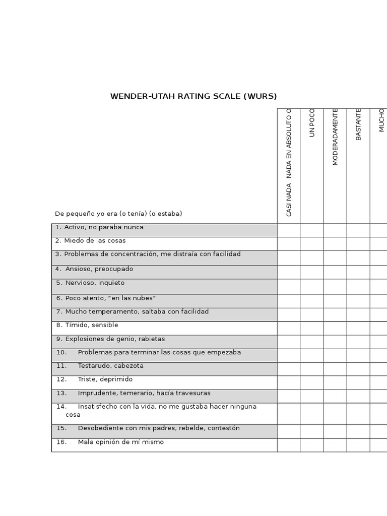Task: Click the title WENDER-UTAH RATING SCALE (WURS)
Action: (x=193, y=96)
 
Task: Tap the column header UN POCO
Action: (x=312, y=123)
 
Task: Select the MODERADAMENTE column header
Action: (x=335, y=137)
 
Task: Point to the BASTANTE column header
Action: (x=358, y=124)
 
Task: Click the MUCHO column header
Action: (x=381, y=120)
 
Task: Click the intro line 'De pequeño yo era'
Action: (x=118, y=214)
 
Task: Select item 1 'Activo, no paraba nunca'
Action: (x=99, y=227)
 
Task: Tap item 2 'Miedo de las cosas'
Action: (x=91, y=241)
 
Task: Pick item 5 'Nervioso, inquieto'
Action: (x=91, y=283)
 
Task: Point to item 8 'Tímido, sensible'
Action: (x=87, y=325)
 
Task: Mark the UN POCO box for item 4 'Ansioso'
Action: (x=312, y=272)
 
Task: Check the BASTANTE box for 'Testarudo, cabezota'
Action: (x=358, y=369)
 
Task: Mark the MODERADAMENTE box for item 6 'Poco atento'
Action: (x=335, y=301)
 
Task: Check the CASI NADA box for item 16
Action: (x=289, y=445)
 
